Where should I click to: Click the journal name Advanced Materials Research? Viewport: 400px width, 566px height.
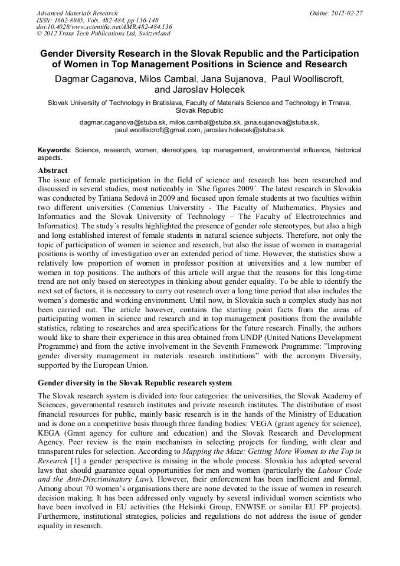[x=77, y=13]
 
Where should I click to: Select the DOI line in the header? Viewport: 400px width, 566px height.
[x=104, y=27]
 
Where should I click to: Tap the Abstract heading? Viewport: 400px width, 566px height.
[x=53, y=171]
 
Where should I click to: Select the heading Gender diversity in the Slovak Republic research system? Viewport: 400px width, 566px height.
[x=135, y=384]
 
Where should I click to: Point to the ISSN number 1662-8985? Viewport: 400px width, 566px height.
[x=70, y=20]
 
